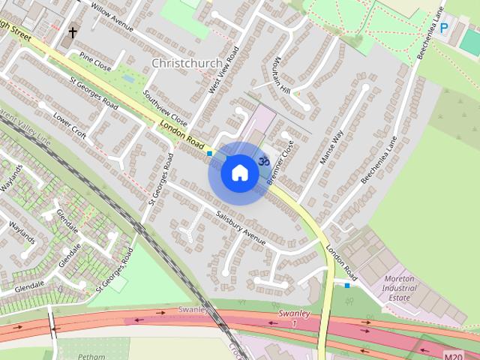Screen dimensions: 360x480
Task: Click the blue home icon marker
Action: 239,172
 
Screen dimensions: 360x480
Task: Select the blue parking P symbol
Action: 444,28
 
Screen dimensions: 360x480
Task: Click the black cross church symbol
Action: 73,32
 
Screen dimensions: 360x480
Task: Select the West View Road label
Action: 223,70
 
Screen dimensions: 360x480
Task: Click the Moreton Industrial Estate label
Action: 399,287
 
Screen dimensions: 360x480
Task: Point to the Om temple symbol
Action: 263,160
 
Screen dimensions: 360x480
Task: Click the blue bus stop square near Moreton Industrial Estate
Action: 346,285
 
